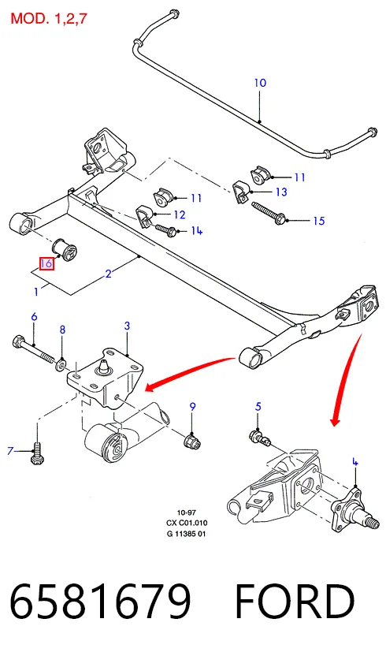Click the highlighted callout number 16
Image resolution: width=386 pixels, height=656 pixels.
46,263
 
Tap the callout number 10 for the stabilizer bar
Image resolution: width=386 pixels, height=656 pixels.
260,83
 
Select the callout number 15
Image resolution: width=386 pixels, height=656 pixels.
319,221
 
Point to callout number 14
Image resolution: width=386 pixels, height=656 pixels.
197,230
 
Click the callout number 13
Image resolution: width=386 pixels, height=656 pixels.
281,192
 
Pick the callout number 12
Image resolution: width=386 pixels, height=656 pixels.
180,214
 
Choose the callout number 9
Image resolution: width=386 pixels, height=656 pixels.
192,406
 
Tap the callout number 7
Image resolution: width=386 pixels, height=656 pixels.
10,451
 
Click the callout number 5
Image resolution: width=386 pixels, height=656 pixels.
258,406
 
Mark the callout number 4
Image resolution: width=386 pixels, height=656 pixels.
355,462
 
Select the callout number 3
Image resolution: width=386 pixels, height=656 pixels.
127,326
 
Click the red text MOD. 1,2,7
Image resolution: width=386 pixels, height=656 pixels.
49,18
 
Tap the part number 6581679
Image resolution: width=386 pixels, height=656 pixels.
100,601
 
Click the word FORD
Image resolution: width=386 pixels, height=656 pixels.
295,601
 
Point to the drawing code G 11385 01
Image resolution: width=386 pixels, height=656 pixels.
187,534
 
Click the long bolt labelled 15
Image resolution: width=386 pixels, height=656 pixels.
269,213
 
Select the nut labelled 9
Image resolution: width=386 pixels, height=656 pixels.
194,440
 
